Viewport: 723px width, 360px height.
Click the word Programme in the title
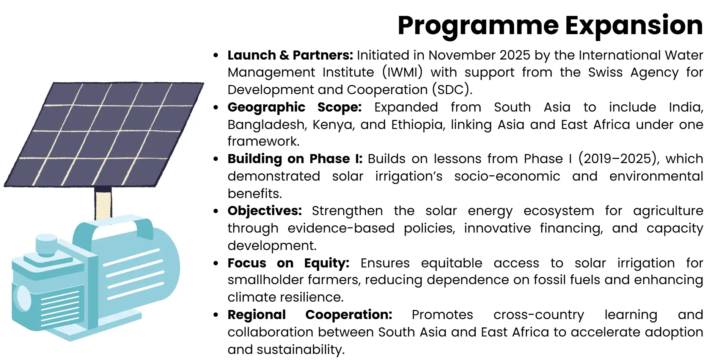478,26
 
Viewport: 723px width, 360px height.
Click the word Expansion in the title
634,26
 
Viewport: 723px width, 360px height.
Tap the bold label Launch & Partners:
290,55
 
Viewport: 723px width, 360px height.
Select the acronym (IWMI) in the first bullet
402,72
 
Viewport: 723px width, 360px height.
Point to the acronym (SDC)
452,90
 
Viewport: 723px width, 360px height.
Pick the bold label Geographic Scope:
294,107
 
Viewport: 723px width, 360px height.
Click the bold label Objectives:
264,211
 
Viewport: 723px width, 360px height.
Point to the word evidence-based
341,228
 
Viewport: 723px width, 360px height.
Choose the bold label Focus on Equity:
288,263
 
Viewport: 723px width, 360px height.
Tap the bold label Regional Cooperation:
310,315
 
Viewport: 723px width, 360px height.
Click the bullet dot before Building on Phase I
216,159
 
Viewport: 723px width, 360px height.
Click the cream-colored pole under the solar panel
103,205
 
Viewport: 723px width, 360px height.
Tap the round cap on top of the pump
46,243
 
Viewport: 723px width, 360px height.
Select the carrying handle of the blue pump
114,226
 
